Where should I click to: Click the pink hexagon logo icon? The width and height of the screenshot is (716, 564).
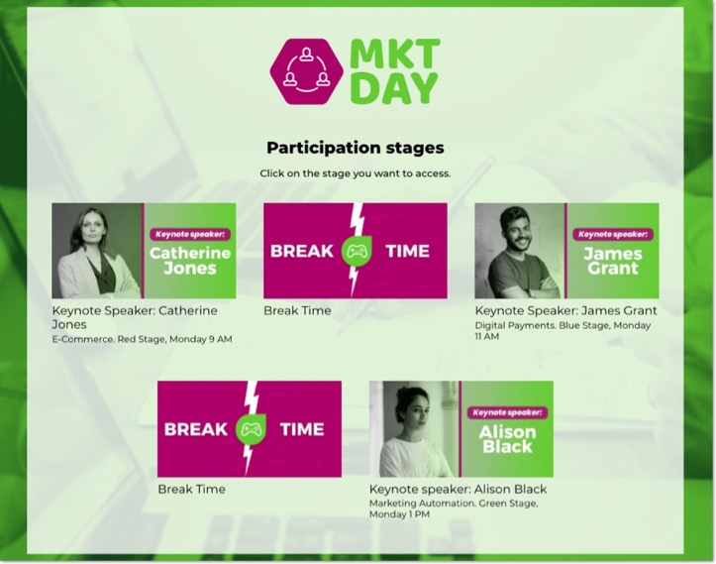(x=307, y=71)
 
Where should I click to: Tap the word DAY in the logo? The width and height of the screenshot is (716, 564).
(x=394, y=88)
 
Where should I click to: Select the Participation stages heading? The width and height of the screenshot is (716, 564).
(x=356, y=148)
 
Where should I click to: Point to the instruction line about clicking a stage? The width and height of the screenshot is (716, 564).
(x=356, y=173)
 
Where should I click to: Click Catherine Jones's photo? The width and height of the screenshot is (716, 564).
(x=97, y=251)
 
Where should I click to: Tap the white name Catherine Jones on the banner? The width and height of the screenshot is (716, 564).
(x=190, y=261)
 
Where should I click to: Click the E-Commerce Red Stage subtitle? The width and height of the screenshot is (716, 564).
(x=143, y=340)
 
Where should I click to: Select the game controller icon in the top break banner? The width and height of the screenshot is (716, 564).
(x=356, y=252)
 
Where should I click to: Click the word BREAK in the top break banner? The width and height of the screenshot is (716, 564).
(x=302, y=252)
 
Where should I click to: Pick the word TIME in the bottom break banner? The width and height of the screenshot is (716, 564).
(x=302, y=429)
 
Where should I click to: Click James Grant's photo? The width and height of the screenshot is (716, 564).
(x=520, y=251)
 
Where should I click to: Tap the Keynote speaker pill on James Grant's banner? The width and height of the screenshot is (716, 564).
(x=613, y=235)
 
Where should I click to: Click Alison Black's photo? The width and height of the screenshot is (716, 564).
(x=414, y=428)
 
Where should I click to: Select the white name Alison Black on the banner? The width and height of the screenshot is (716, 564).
(x=507, y=439)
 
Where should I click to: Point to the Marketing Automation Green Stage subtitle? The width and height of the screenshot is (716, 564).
(x=454, y=508)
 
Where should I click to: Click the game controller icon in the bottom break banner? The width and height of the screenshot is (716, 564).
(x=249, y=429)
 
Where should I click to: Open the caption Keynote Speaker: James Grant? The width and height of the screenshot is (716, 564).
(x=565, y=310)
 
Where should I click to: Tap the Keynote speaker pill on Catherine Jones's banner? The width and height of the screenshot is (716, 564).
(x=190, y=235)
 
